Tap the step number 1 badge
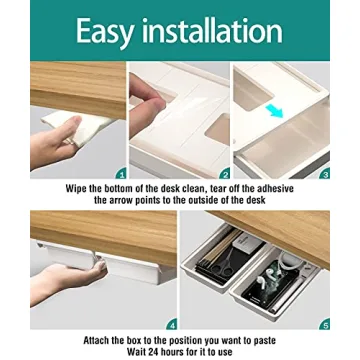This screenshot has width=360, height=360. coord(121,172)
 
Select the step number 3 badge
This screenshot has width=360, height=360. coord(324,172)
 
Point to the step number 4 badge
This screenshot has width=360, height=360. coord(171,323)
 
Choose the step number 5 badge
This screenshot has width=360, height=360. coord(324,323)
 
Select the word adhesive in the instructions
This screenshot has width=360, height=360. coord(277,187)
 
